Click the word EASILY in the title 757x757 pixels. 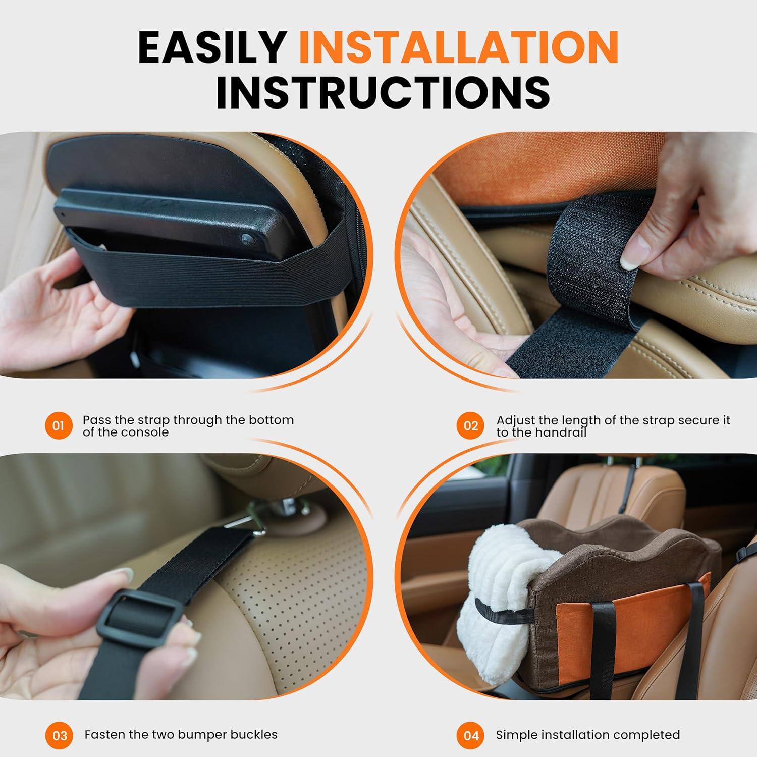click(212, 47)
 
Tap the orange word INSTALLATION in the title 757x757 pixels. click(458, 47)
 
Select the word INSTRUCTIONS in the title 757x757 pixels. click(383, 92)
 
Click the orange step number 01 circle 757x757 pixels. click(59, 425)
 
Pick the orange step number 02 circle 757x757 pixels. click(470, 425)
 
